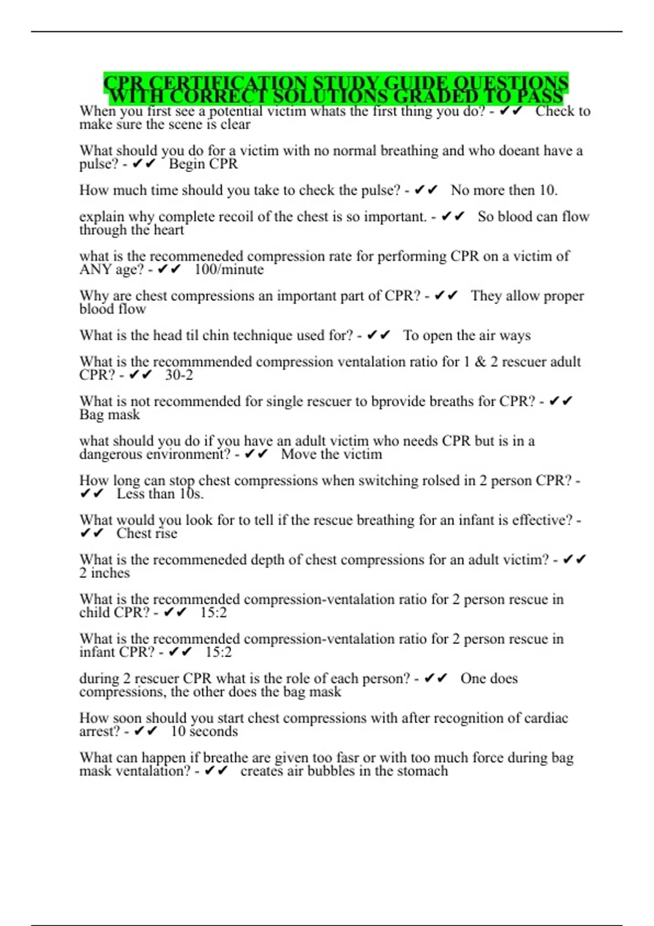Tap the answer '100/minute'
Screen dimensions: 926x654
(229, 270)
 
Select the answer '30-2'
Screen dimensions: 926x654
(179, 375)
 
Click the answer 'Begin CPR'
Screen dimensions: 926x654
(203, 164)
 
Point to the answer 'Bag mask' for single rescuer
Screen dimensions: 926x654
(110, 415)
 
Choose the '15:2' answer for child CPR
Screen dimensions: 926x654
(213, 613)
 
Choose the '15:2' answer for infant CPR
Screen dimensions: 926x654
(219, 653)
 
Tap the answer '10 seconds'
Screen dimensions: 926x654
(204, 732)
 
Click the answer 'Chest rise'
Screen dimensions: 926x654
(147, 534)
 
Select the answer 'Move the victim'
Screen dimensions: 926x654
(331, 455)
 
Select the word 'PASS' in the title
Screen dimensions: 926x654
(540, 97)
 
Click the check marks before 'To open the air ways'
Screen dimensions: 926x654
(379, 336)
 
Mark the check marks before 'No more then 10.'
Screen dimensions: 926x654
(426, 191)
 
